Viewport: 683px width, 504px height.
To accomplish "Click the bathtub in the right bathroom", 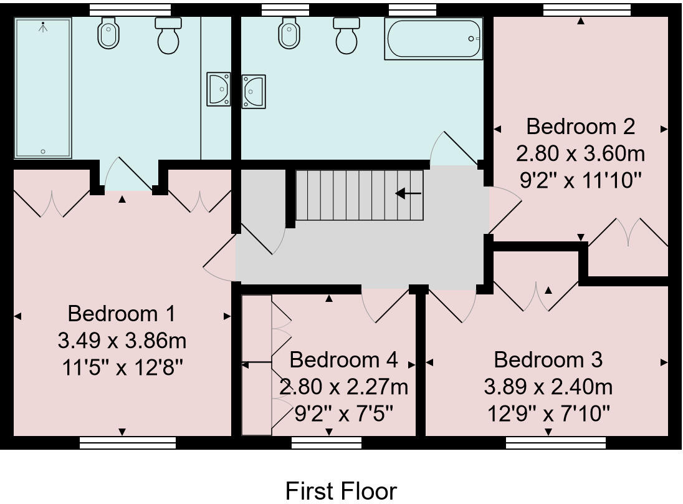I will pos(434,39).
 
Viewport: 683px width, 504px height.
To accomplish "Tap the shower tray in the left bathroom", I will pos(43,87).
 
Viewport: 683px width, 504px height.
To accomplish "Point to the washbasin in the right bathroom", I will pos(254,91).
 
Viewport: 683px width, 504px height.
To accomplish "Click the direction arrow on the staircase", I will pos(408,193).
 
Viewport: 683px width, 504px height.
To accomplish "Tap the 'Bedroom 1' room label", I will pos(122,313).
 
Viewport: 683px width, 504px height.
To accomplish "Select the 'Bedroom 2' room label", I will pos(580,127).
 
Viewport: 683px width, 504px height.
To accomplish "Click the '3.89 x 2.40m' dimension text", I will pos(548,387).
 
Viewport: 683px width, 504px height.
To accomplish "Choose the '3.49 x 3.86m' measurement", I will pos(122,341).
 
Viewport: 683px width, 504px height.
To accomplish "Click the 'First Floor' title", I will pos(341,491).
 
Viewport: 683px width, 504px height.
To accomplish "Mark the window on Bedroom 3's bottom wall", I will pos(555,442).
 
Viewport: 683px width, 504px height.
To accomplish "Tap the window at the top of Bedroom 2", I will pos(580,9).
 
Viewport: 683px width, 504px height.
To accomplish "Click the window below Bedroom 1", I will pos(128,442).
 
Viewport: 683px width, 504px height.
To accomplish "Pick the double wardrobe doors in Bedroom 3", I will pos(536,296).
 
